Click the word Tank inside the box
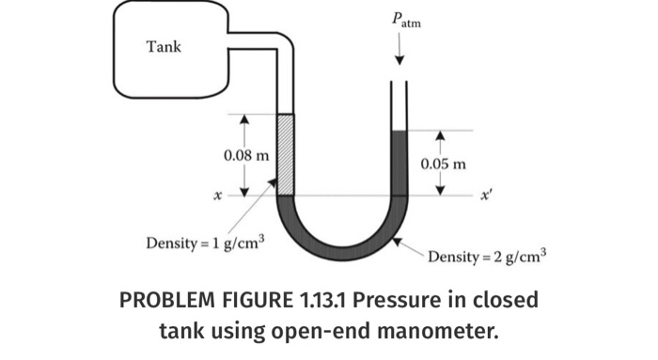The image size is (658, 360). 164,46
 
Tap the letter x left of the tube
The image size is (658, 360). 217,196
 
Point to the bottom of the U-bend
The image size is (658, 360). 342,249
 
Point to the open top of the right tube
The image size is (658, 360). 399,85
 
